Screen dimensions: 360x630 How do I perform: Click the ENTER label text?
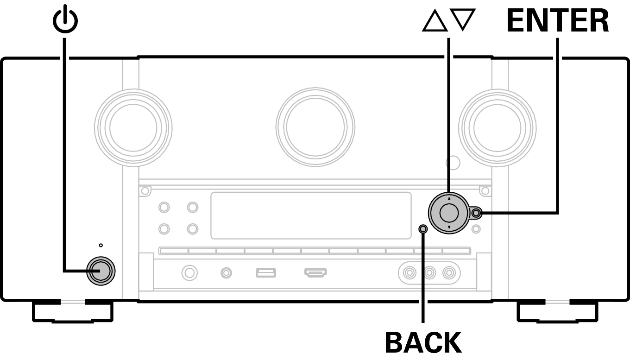558,21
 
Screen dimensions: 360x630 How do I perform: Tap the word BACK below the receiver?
423,343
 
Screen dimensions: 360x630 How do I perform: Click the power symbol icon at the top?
65,20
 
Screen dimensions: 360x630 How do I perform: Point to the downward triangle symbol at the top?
465,21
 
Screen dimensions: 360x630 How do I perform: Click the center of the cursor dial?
448,213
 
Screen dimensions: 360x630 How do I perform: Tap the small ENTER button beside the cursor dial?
477,213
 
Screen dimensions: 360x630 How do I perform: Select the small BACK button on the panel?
422,228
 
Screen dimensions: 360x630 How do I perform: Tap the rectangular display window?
311,215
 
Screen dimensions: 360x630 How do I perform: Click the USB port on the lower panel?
266,272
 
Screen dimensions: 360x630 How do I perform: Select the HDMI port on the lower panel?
315,272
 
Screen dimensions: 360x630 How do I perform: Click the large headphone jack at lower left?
189,272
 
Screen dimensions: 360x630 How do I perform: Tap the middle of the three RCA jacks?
430,272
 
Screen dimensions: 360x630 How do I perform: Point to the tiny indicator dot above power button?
101,245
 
